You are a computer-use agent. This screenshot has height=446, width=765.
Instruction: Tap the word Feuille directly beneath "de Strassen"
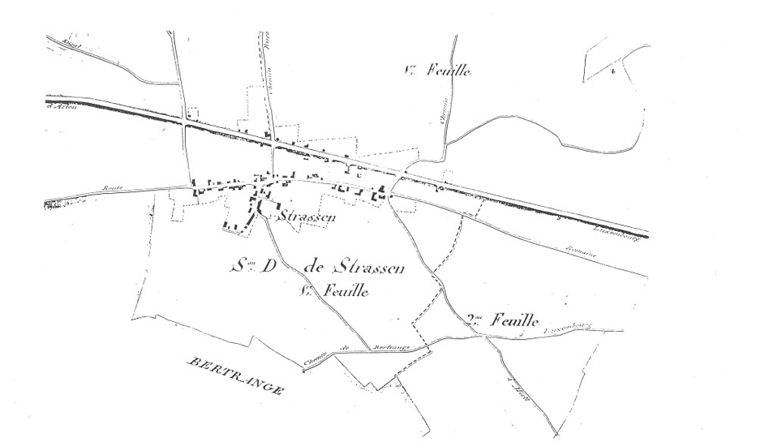coord(343,290)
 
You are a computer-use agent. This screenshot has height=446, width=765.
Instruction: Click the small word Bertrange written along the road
coord(391,347)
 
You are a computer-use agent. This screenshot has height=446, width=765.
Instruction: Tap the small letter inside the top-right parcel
coord(614,72)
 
